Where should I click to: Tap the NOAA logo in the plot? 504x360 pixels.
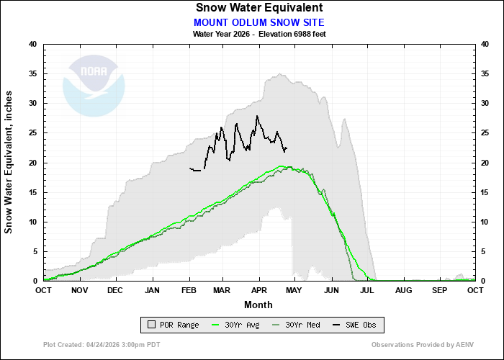(x=94, y=85)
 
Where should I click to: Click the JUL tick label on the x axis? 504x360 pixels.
(x=366, y=290)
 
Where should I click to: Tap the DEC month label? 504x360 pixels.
(x=114, y=290)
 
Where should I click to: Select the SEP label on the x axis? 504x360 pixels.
(x=438, y=290)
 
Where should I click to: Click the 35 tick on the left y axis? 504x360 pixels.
(x=32, y=73)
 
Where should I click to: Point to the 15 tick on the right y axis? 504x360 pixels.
(x=485, y=192)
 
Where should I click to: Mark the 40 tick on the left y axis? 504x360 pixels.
(x=32, y=44)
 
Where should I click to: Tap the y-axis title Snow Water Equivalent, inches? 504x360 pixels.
(x=9, y=162)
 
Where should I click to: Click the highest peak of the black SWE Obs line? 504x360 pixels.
(x=256, y=116)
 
